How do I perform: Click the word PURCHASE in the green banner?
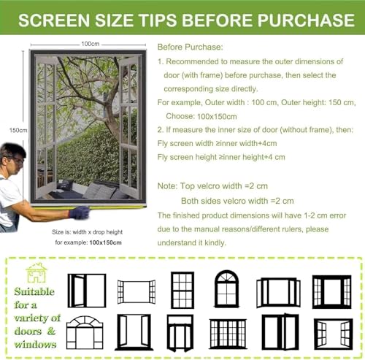[x=306, y=20]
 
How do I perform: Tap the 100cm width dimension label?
[x=91, y=44]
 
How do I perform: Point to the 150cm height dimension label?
[x=18, y=130]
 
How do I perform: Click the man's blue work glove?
[x=80, y=212]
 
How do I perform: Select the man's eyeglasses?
[x=17, y=160]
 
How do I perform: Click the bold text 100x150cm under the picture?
[x=105, y=242]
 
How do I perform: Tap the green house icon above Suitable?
[x=36, y=272]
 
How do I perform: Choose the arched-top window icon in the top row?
[x=226, y=288]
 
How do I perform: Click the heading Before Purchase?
[x=190, y=47]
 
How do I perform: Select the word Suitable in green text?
[x=34, y=291]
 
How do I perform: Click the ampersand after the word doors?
[x=51, y=331]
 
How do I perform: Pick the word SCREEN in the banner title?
[x=54, y=20]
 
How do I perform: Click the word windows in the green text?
[x=35, y=344]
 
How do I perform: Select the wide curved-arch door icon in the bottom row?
[x=85, y=332]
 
